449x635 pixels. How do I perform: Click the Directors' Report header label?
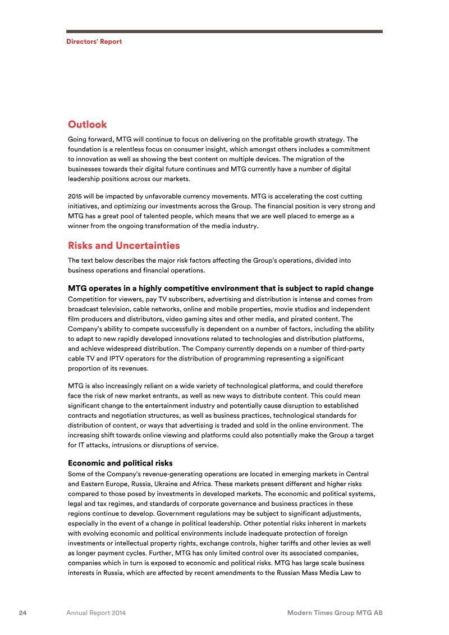click(x=94, y=42)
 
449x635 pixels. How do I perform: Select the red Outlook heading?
click(x=87, y=124)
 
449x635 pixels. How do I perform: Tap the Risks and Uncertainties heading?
click(x=123, y=245)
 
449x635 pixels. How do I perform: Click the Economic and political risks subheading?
click(x=120, y=463)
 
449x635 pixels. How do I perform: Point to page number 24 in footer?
click(x=23, y=613)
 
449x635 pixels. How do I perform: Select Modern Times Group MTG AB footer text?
click(x=335, y=613)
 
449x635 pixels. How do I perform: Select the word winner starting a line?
click(x=79, y=226)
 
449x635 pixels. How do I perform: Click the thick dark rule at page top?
click(x=224, y=31)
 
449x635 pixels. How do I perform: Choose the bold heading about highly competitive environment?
click(x=220, y=289)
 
